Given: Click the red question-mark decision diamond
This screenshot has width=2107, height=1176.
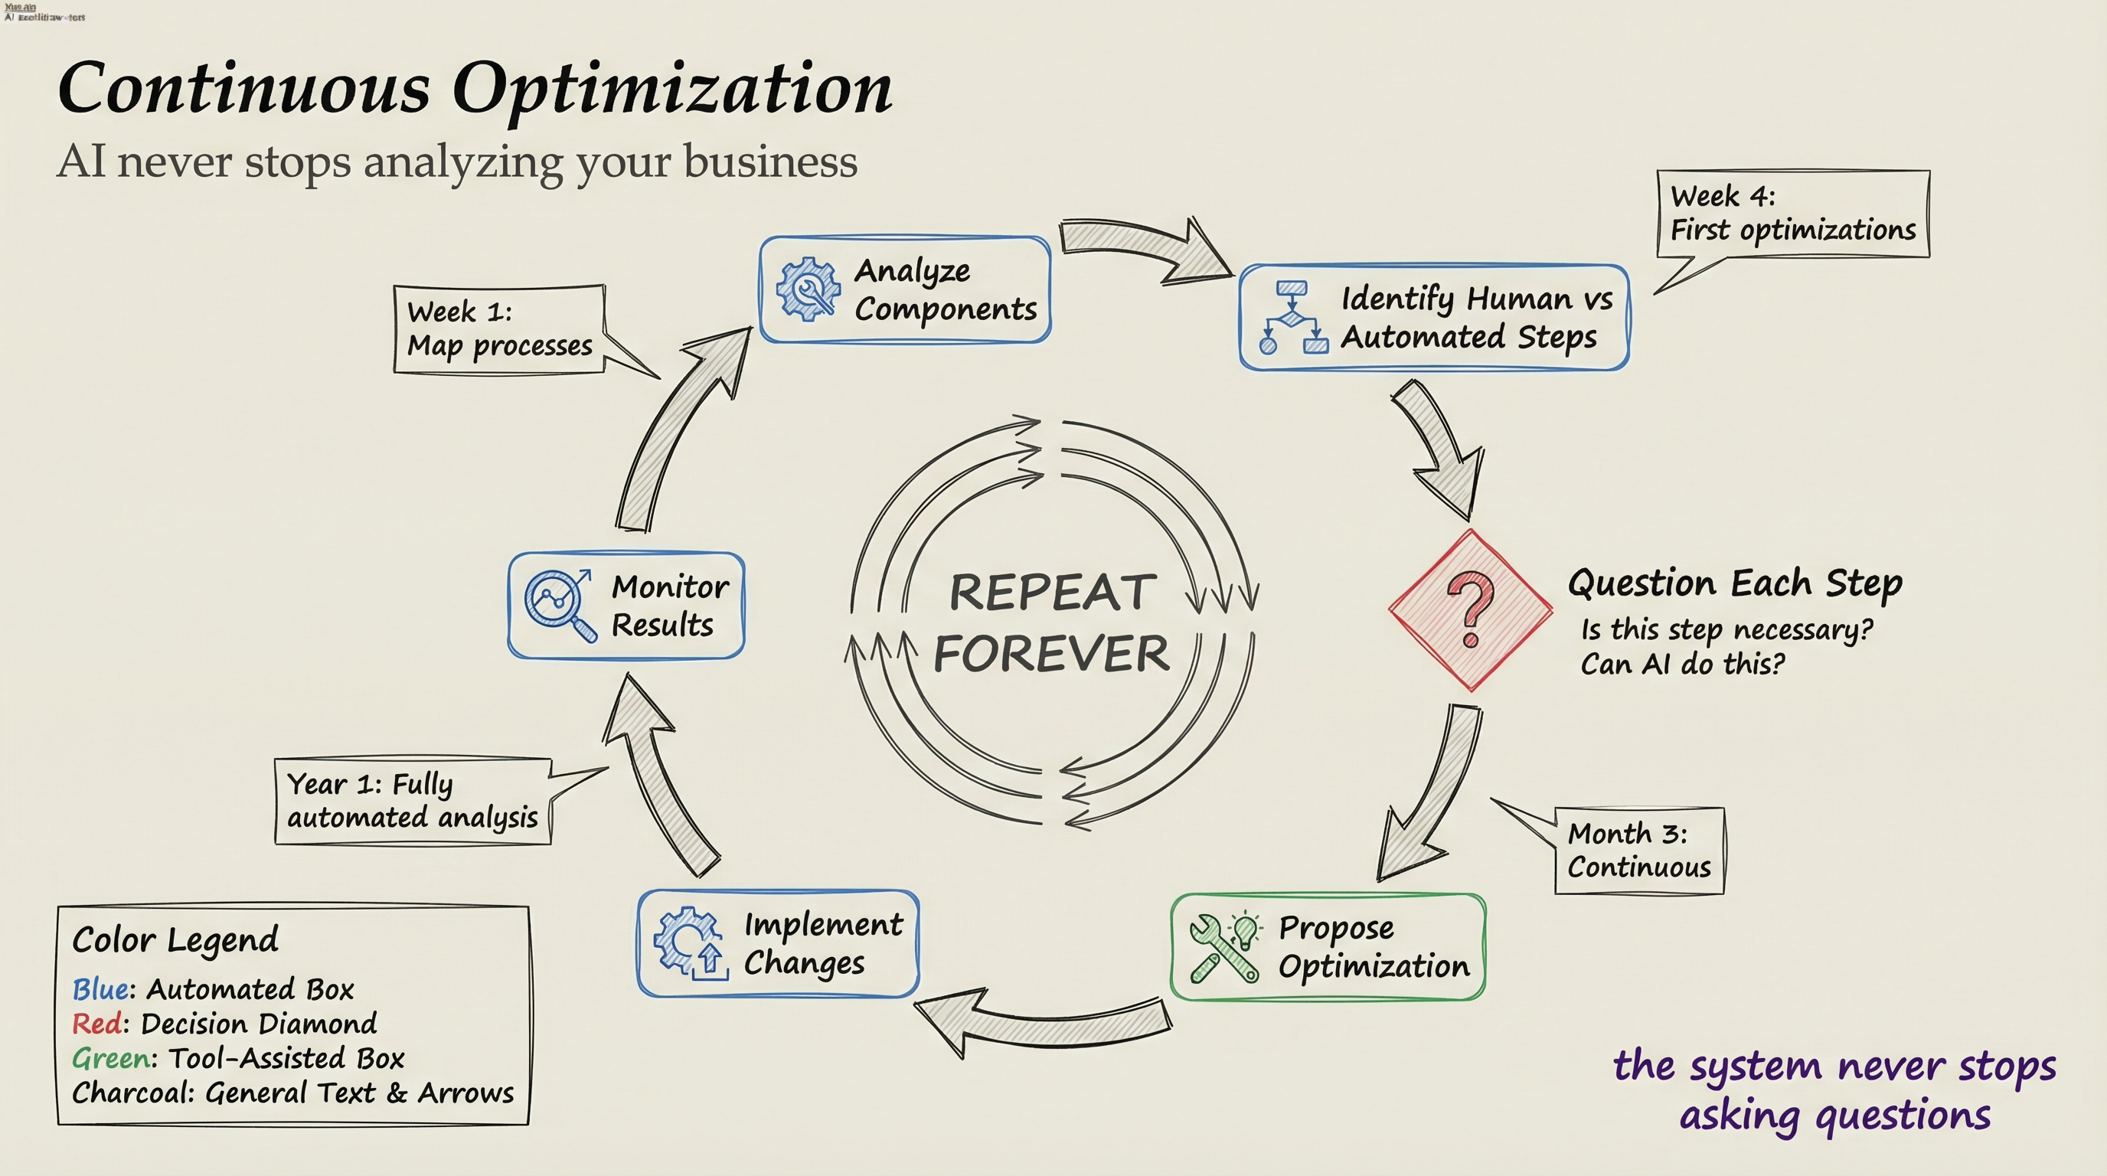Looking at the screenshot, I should pyautogui.click(x=1470, y=610).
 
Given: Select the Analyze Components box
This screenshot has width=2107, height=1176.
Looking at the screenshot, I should pyautogui.click(x=905, y=289).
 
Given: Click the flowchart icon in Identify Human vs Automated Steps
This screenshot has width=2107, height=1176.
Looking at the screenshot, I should pyautogui.click(x=1292, y=317).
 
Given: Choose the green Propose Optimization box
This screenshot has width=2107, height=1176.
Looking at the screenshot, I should pyautogui.click(x=1328, y=946).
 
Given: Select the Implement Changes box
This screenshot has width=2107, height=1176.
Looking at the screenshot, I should pyautogui.click(x=778, y=943).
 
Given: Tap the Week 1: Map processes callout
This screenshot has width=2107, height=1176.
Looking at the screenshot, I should pyautogui.click(x=499, y=328).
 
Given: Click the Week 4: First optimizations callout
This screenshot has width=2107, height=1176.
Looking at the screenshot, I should pyautogui.click(x=1792, y=214).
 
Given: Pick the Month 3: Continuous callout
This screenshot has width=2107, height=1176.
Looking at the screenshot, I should pyautogui.click(x=1638, y=851).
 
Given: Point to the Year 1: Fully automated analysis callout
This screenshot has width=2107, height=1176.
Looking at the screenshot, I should pyautogui.click(x=412, y=801).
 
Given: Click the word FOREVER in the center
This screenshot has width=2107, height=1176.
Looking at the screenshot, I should pyautogui.click(x=1051, y=653).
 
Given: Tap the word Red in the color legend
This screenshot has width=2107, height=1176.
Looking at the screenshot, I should pyautogui.click(x=96, y=1024).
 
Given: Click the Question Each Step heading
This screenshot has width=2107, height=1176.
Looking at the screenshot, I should pyautogui.click(x=1734, y=584).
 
